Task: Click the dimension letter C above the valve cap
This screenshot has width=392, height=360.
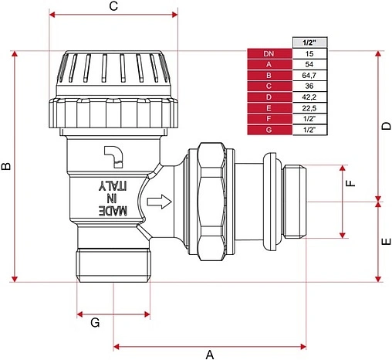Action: click(113, 6)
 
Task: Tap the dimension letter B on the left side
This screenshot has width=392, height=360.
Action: click(6, 166)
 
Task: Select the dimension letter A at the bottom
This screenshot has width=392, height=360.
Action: click(210, 355)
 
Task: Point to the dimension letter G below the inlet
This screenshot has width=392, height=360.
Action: click(95, 322)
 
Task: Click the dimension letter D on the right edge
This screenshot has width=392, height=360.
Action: click(386, 126)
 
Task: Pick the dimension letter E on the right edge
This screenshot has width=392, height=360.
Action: click(387, 242)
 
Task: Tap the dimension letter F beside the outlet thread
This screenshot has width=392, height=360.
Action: click(350, 183)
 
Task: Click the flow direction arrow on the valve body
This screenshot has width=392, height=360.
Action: click(159, 202)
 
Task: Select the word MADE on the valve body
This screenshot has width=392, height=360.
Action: click(113, 211)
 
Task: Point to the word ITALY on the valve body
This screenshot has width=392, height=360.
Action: click(113, 186)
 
